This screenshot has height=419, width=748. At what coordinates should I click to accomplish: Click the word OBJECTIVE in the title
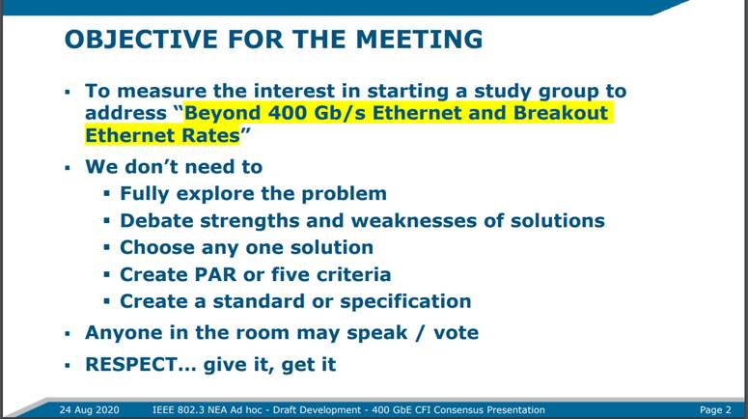pyautogui.click(x=141, y=40)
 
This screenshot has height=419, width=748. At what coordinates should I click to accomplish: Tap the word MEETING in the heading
pyautogui.click(x=419, y=40)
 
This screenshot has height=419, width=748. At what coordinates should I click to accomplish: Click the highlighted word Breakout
pyautogui.click(x=561, y=113)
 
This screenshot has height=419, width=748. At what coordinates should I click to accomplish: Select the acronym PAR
pyautogui.click(x=215, y=274)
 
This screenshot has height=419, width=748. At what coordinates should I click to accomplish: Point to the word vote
pyautogui.click(x=457, y=333)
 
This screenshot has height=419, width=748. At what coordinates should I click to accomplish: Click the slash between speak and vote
pyautogui.click(x=420, y=333)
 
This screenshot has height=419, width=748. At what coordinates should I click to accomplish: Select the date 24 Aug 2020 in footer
pyautogui.click(x=89, y=410)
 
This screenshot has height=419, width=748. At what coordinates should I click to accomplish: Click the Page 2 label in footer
pyautogui.click(x=715, y=410)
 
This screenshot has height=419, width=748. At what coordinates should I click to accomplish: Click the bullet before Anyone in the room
pyautogui.click(x=68, y=333)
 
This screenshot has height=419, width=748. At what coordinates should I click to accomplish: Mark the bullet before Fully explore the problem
pyautogui.click(x=106, y=194)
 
